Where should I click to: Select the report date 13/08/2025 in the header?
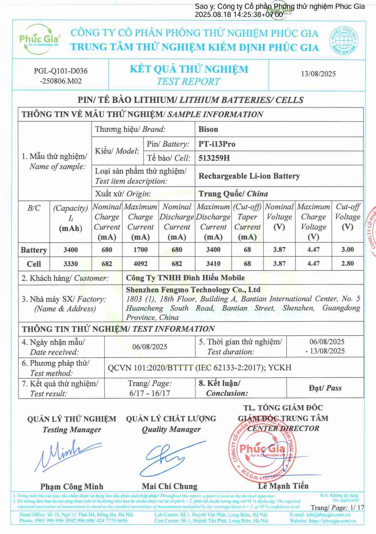(x=318, y=74)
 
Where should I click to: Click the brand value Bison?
(x=208, y=129)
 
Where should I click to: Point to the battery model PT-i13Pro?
(x=217, y=144)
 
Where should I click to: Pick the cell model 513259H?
(x=214, y=158)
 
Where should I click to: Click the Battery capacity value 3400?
(x=71, y=250)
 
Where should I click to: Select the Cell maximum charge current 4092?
(x=140, y=264)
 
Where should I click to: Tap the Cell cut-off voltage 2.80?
(x=348, y=264)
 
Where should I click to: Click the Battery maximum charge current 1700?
(x=140, y=250)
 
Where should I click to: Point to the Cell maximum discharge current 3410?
(x=213, y=264)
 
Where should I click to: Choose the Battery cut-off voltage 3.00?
(x=348, y=250)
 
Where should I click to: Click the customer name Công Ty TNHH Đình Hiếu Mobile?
(x=185, y=278)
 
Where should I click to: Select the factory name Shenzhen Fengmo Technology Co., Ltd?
(x=193, y=290)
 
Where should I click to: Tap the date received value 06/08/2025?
(x=149, y=347)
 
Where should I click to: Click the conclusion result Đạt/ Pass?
(x=325, y=388)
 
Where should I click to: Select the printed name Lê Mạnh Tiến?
(x=283, y=486)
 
